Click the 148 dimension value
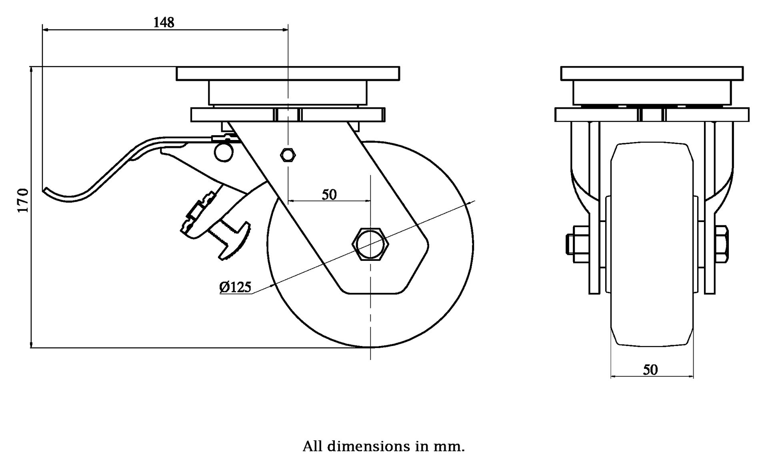pyautogui.click(x=164, y=22)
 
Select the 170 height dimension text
pyautogui.click(x=23, y=200)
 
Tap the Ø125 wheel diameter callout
pyautogui.click(x=235, y=287)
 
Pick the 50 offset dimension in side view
pyautogui.click(x=329, y=194)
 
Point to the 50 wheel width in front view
pyautogui.click(x=650, y=369)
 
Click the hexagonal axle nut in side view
pyautogui.click(x=370, y=244)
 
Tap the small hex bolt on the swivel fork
pyautogui.click(x=288, y=154)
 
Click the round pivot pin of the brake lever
pyautogui.click(x=224, y=152)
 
